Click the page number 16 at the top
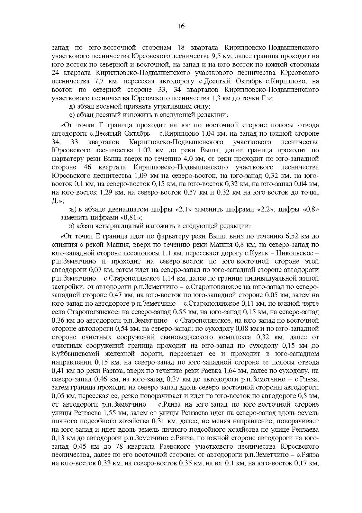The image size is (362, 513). click(181, 26)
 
